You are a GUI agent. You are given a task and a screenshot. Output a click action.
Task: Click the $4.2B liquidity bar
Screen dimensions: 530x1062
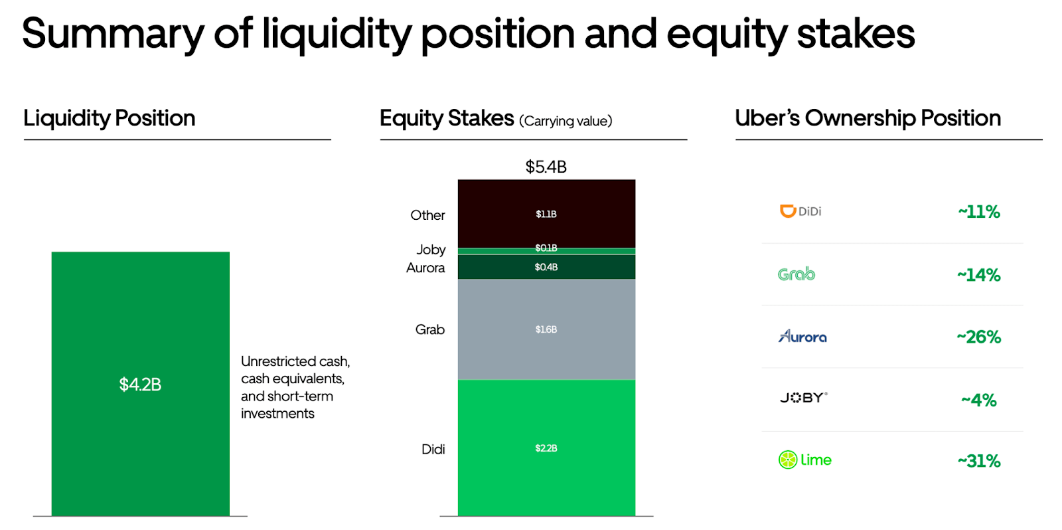coord(140,383)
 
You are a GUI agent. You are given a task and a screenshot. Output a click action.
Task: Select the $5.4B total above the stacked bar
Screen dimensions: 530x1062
coord(546,167)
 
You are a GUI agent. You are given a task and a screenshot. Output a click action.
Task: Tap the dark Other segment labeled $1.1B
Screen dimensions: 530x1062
coord(546,214)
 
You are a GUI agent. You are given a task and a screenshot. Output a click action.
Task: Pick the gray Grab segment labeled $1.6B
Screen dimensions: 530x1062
coord(546,329)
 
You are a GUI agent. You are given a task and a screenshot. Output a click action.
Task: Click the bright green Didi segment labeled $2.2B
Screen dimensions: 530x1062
coord(546,448)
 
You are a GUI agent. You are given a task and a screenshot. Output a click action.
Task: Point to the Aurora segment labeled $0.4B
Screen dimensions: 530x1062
coord(546,267)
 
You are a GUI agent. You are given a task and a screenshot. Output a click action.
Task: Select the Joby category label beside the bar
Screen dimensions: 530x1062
coord(431,250)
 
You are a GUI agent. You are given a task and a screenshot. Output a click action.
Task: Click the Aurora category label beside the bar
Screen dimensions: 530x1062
coord(425,268)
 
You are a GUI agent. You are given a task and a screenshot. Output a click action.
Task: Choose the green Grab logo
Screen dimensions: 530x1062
coord(796,274)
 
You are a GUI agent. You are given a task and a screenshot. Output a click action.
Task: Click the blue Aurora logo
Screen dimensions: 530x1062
coord(802,337)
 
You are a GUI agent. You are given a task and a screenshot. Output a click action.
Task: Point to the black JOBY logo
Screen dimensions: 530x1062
coord(803,398)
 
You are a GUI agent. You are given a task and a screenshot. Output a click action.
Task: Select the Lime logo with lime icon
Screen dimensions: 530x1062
coord(804,460)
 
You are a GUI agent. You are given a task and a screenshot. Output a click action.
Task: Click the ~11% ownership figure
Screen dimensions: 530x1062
coord(978,212)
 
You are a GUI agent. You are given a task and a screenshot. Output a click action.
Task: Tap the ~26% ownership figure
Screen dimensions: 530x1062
coord(978,337)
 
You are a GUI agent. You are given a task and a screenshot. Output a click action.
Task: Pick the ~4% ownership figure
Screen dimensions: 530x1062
coord(978,400)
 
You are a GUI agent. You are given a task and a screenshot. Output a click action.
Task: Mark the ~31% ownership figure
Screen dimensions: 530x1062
coord(978,460)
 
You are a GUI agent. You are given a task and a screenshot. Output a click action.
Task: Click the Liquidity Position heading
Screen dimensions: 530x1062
coord(110,118)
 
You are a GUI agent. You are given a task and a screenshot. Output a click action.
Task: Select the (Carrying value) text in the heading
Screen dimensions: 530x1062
coord(566,121)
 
